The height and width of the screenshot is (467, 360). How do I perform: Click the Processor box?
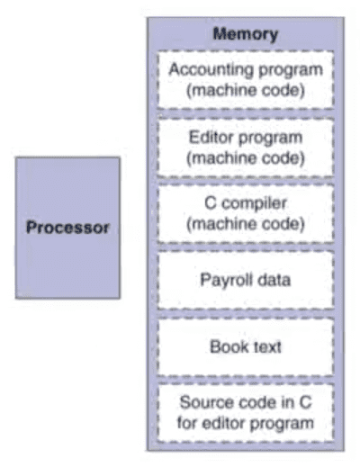67,228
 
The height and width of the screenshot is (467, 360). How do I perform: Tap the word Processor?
67,228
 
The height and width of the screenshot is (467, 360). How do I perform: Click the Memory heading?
246,34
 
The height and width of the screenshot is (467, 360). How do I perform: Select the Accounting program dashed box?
246,80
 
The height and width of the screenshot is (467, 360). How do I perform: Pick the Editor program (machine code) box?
246,148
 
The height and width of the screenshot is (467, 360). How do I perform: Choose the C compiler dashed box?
246,213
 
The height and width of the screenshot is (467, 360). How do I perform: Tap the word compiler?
255,204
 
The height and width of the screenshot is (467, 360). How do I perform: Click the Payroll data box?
246,280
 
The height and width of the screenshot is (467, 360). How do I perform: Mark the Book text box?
246,346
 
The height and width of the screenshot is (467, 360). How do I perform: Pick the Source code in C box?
246,413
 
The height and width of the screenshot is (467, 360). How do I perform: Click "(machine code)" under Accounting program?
246,91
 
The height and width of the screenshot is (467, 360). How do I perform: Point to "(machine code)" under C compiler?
246,224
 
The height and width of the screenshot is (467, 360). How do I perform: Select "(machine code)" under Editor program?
246,158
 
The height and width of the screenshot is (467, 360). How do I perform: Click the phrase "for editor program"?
246,424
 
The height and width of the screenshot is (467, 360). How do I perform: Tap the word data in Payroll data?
274,280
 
